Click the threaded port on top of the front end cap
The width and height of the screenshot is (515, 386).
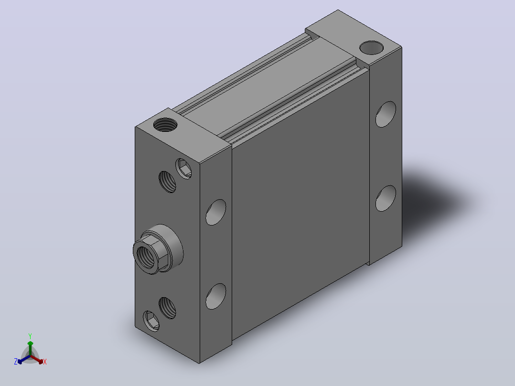[165, 125]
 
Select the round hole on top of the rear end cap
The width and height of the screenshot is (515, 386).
[372, 48]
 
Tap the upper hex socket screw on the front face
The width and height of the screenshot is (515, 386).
[183, 169]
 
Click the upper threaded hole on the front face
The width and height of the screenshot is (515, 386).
[168, 182]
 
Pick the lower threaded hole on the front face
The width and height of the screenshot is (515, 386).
[168, 308]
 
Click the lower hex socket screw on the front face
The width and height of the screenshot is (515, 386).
[151, 321]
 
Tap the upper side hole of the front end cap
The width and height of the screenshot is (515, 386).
[216, 212]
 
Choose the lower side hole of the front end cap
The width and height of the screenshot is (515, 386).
[216, 296]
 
